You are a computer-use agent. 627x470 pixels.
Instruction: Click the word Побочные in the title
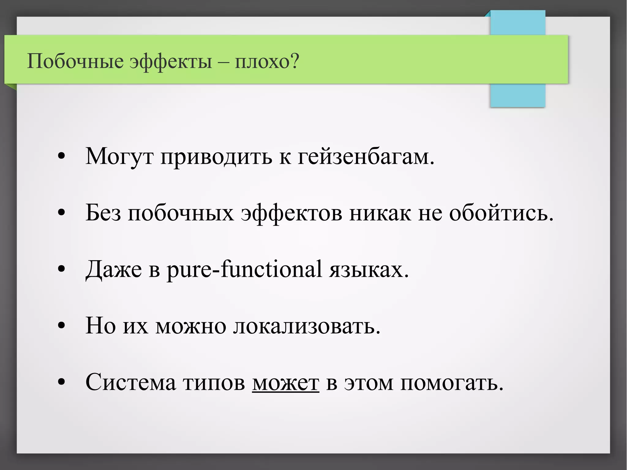point(75,61)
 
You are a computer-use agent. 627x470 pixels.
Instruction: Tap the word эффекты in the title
point(171,61)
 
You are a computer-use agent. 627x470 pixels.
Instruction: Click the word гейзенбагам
point(366,157)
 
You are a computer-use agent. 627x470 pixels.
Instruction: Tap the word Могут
point(119,157)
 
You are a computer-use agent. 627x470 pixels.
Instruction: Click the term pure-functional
point(244,269)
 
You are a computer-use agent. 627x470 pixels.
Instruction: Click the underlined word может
point(286,382)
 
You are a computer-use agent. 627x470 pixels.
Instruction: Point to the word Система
point(131,382)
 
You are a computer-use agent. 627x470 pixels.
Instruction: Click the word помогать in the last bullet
point(452,382)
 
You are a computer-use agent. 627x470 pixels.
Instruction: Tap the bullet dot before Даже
point(62,269)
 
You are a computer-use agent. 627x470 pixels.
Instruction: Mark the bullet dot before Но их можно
point(62,325)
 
